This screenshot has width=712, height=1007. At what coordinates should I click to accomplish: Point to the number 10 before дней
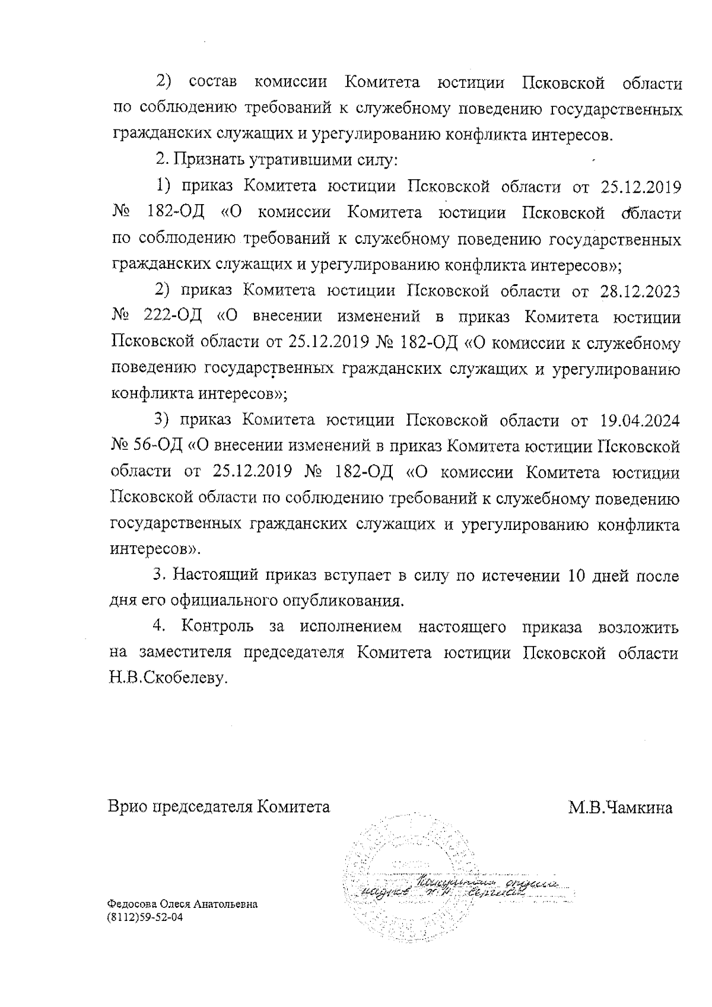click(x=580, y=576)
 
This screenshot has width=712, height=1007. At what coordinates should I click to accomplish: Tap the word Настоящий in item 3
click(x=215, y=576)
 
